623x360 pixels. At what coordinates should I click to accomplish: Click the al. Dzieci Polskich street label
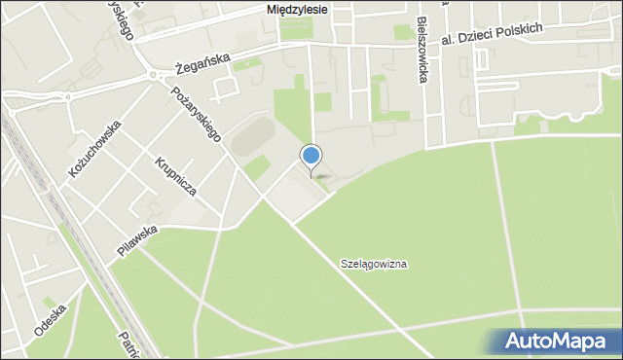pos(490,34)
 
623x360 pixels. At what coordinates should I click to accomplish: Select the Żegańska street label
pos(203,63)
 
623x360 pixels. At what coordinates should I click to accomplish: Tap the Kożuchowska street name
pos(94,147)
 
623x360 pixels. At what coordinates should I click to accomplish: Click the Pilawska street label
pos(137,239)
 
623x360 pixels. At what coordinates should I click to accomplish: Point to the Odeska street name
pos(49,319)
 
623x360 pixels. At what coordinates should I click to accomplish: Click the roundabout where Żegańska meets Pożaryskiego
pos(153,75)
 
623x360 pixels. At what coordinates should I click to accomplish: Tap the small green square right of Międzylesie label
pos(402,32)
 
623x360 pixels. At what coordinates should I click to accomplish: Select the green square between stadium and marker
pos(257,167)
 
